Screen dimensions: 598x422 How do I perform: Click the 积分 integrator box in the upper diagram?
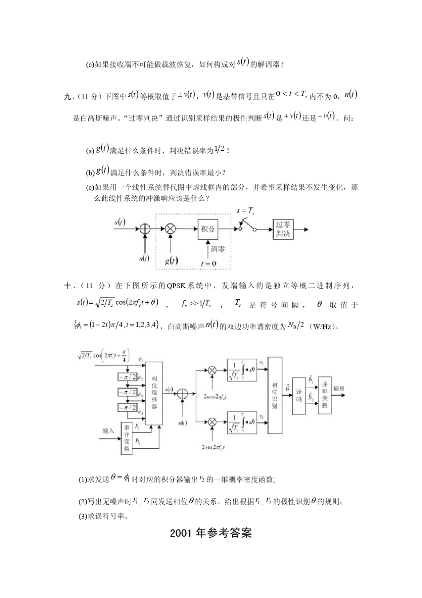[x=208, y=229]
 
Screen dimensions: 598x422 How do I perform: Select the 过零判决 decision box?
[x=283, y=229]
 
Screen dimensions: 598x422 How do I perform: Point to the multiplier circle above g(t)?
[x=171, y=229]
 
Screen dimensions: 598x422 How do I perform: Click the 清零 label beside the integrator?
[x=218, y=249]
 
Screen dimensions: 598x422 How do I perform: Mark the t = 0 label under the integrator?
[x=208, y=263]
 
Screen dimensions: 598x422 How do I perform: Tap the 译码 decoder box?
[x=299, y=395]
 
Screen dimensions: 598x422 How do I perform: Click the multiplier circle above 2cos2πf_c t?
[x=213, y=370]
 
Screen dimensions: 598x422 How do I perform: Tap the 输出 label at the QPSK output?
[x=339, y=388]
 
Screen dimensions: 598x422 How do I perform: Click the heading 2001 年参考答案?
[x=211, y=533]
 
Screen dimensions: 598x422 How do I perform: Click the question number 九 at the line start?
[x=68, y=96]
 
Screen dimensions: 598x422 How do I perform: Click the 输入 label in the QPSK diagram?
[x=108, y=430]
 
